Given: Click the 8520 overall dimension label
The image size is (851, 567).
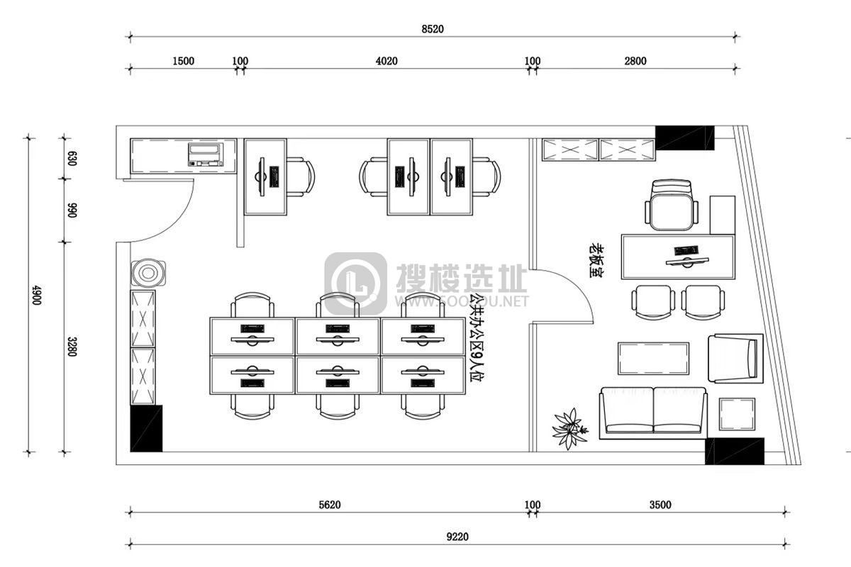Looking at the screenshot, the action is pyautogui.click(x=433, y=29).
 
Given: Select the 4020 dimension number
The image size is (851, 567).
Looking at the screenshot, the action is pyautogui.click(x=386, y=61).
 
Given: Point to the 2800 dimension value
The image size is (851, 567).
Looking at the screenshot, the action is pyautogui.click(x=635, y=61).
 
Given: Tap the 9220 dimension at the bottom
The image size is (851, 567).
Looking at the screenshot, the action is pyautogui.click(x=457, y=537).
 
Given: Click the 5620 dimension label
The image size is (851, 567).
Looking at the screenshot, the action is pyautogui.click(x=329, y=505).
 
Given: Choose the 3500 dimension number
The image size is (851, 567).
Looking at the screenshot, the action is pyautogui.click(x=660, y=505).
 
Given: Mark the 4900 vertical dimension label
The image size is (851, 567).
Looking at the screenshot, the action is pyautogui.click(x=36, y=295).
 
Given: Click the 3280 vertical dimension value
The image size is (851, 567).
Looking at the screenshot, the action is pyautogui.click(x=72, y=347).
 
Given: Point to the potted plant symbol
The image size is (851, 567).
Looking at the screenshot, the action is pyautogui.click(x=570, y=429).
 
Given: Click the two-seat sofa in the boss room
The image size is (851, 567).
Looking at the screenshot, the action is pyautogui.click(x=653, y=413).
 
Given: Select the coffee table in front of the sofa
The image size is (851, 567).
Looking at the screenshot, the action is pyautogui.click(x=653, y=359).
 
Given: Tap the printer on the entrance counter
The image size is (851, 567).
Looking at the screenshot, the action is pyautogui.click(x=206, y=155).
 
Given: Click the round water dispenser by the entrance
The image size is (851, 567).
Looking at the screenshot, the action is pyautogui.click(x=148, y=273).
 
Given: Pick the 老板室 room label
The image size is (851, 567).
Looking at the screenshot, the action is pyautogui.click(x=597, y=261).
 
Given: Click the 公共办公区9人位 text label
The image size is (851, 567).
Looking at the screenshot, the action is pyautogui.click(x=475, y=337).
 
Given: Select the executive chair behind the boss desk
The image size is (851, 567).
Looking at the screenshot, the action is pyautogui.click(x=672, y=206).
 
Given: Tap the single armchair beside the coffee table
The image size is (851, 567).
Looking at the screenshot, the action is pyautogui.click(x=735, y=359).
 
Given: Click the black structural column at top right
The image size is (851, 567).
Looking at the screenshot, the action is pyautogui.click(x=685, y=138).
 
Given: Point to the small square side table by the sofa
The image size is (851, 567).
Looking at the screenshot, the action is pyautogui.click(x=737, y=415).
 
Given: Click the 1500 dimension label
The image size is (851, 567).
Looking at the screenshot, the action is pyautogui.click(x=183, y=61).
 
